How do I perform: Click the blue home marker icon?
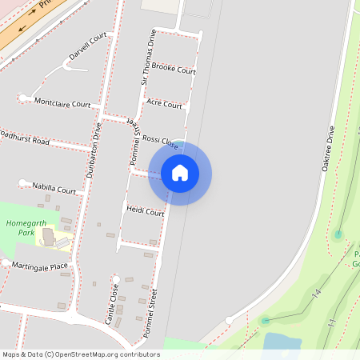pyautogui.click(x=179, y=173)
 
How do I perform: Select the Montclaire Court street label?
pyautogui.click(x=62, y=103)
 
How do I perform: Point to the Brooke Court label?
pyautogui.click(x=174, y=70)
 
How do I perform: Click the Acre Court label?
pyautogui.click(x=165, y=105)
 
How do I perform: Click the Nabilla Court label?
pyautogui.click(x=54, y=190)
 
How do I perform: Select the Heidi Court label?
pyautogui.click(x=145, y=213)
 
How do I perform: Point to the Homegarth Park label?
pyautogui.click(x=22, y=229)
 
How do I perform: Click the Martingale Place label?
pyautogui.click(x=41, y=266)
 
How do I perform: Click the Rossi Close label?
pyautogui.click(x=159, y=142)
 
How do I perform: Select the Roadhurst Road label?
pyautogui.click(x=24, y=138)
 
